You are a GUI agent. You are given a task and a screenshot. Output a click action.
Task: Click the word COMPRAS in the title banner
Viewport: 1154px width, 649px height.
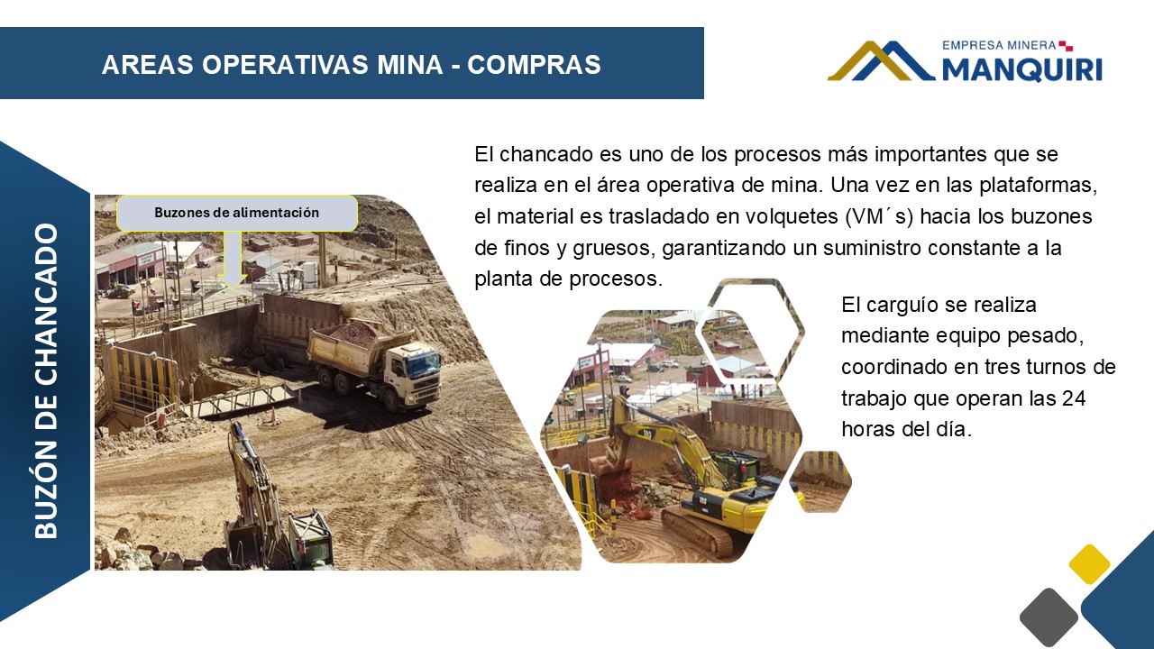pyautogui.click(x=534, y=65)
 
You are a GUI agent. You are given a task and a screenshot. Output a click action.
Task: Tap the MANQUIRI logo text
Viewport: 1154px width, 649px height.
pyautogui.click(x=1022, y=69)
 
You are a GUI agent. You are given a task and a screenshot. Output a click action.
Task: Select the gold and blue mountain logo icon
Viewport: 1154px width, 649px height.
pyautogui.click(x=881, y=60)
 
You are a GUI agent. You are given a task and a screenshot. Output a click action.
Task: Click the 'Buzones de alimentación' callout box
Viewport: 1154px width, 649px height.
pyautogui.click(x=237, y=213)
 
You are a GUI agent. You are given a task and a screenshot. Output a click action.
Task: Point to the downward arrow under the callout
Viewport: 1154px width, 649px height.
pyautogui.click(x=233, y=261)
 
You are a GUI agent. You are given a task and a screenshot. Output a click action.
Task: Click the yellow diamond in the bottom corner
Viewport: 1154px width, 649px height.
pyautogui.click(x=1089, y=564)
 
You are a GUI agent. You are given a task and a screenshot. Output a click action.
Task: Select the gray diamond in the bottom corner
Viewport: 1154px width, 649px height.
pyautogui.click(x=1049, y=617)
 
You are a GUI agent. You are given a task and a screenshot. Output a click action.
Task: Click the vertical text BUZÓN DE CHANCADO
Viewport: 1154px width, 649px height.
pyautogui.click(x=46, y=381)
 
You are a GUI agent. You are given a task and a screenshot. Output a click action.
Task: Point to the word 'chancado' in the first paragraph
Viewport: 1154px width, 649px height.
pyautogui.click(x=545, y=154)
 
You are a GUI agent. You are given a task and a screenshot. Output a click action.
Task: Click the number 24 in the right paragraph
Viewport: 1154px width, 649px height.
pyautogui.click(x=1073, y=398)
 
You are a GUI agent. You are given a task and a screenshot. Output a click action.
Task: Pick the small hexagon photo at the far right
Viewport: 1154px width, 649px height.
pyautogui.click(x=820, y=481)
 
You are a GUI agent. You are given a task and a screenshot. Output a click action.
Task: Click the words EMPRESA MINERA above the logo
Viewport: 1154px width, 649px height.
pyautogui.click(x=999, y=45)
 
